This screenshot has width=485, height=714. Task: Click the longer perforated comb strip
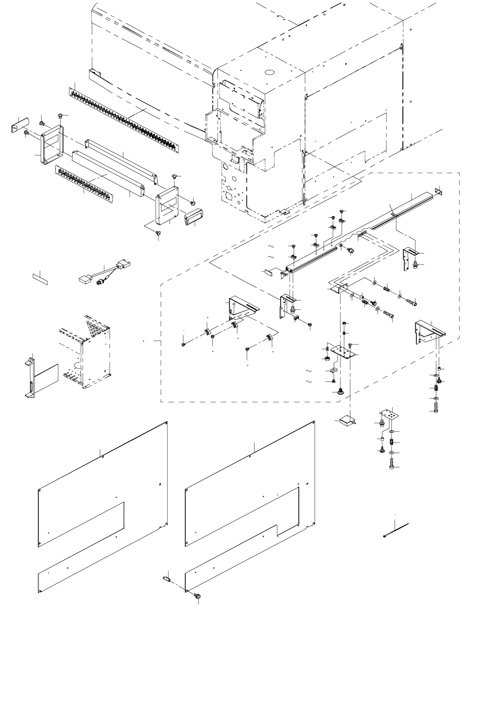tap(126, 120)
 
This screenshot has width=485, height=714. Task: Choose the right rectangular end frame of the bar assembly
tap(167, 205)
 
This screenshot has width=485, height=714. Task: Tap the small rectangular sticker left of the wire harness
tap(40, 278)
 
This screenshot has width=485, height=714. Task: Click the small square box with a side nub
tap(347, 421)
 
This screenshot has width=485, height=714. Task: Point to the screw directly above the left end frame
tap(60, 115)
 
